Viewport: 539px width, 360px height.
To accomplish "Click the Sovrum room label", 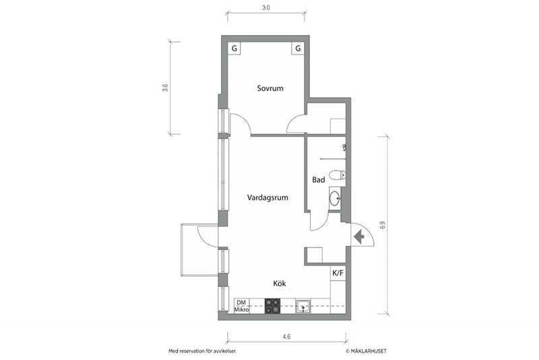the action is pyautogui.click(x=270, y=88).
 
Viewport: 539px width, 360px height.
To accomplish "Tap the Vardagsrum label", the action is pyautogui.click(x=267, y=198).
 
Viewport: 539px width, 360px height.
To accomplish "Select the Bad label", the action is pyautogui.click(x=318, y=180).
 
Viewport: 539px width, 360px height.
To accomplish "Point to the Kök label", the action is pyautogui.click(x=280, y=284).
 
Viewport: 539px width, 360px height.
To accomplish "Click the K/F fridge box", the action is pyautogui.click(x=338, y=273).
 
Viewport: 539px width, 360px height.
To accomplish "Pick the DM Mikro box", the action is pyautogui.click(x=242, y=306).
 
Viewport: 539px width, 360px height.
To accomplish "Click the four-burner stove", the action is pyautogui.click(x=272, y=306).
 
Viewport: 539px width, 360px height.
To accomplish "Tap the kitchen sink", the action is pyautogui.click(x=303, y=306).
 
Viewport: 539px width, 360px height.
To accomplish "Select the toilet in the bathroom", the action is pyautogui.click(x=338, y=175).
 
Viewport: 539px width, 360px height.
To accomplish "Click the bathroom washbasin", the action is pyautogui.click(x=335, y=198).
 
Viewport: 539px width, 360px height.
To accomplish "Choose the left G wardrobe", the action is pyautogui.click(x=234, y=48).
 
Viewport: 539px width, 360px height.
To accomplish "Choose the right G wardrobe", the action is pyautogui.click(x=298, y=48).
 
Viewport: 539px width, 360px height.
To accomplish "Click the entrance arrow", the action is pyautogui.click(x=359, y=237).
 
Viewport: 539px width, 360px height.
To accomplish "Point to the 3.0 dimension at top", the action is pyautogui.click(x=265, y=7).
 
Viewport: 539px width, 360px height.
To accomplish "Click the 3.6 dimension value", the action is pyautogui.click(x=165, y=88).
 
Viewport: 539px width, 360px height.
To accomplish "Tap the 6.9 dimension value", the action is pyautogui.click(x=383, y=225).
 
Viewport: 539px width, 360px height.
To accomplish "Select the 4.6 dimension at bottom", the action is pyautogui.click(x=286, y=336).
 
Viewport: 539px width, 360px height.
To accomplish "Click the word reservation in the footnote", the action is pyautogui.click(x=188, y=351).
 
